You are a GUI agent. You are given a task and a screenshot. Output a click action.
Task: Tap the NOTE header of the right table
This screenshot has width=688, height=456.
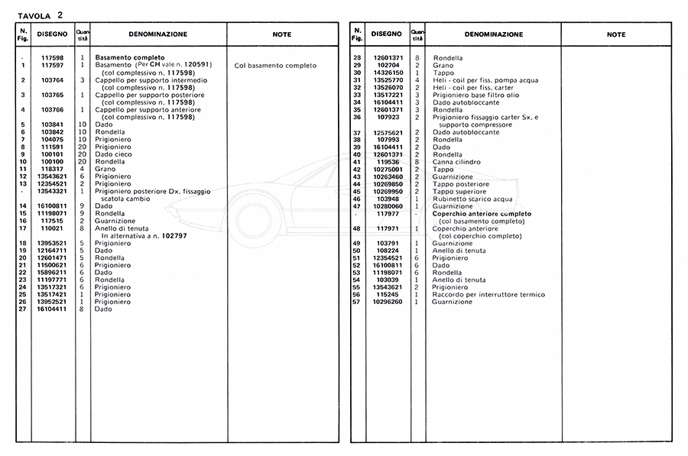click(x=615, y=34)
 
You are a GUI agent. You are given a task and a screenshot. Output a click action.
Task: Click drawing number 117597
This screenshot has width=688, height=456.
click(x=53, y=65)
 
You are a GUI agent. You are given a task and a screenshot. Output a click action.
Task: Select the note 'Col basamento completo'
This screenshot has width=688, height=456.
click(x=275, y=66)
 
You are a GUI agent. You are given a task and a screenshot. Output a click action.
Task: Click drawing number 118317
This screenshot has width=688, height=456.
click(x=53, y=169)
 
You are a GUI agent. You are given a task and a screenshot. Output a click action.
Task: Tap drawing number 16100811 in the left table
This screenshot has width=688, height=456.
click(x=53, y=205)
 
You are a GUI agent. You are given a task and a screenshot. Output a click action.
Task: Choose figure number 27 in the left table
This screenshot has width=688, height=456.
click(x=24, y=309)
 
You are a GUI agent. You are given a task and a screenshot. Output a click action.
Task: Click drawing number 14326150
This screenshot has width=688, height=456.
click(x=388, y=73)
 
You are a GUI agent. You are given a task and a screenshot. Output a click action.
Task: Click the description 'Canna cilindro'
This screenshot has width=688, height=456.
click(x=457, y=161)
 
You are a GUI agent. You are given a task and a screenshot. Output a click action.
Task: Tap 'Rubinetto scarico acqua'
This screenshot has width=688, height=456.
click(x=472, y=198)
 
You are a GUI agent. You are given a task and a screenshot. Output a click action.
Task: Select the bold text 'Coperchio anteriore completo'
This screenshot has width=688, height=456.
click(x=482, y=214)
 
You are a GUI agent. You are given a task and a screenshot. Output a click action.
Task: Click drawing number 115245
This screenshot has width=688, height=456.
click(x=388, y=294)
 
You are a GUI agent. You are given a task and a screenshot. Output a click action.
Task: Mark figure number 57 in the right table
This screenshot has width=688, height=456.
click(x=357, y=302)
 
